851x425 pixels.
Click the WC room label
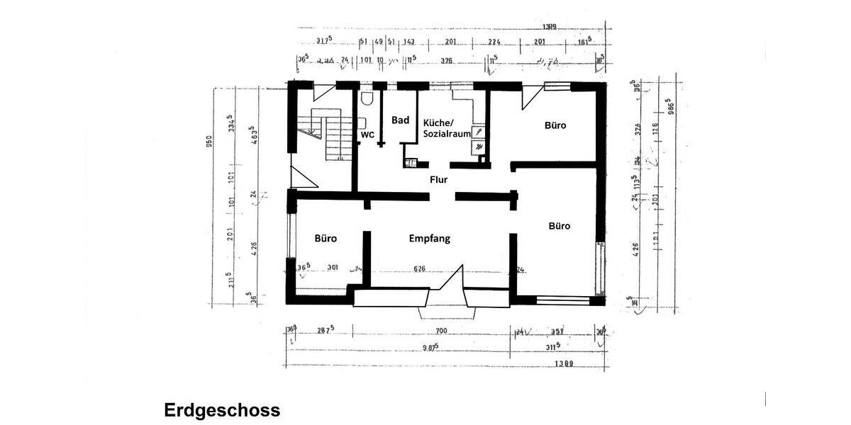(x=367, y=135)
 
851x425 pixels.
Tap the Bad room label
(x=401, y=120)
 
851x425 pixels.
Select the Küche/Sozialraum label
(x=447, y=128)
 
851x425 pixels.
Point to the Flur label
(x=439, y=180)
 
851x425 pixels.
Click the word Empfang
(x=429, y=239)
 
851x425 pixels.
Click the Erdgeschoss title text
(x=222, y=410)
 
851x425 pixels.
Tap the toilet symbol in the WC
(x=367, y=99)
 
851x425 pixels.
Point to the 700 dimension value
(x=441, y=331)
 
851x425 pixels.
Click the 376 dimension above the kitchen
(x=447, y=61)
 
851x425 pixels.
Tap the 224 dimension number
(x=495, y=42)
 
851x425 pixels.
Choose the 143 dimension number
(x=409, y=42)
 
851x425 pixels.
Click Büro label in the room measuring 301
(x=326, y=239)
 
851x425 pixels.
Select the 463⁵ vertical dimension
(x=250, y=135)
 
